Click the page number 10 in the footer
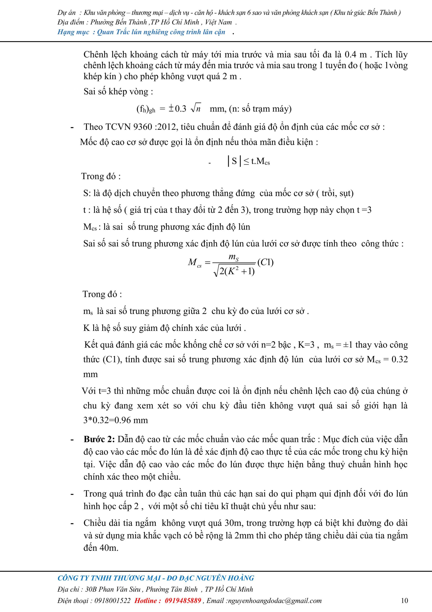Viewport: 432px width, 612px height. click(404, 601)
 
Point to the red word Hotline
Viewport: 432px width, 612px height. click(148, 601)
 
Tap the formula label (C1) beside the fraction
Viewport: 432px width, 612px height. click(265, 262)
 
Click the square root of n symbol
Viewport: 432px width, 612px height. click(196, 109)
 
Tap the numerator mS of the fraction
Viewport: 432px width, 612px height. click(234, 257)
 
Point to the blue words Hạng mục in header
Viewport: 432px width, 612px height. click(73, 32)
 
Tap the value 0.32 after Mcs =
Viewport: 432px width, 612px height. click(400, 359)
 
